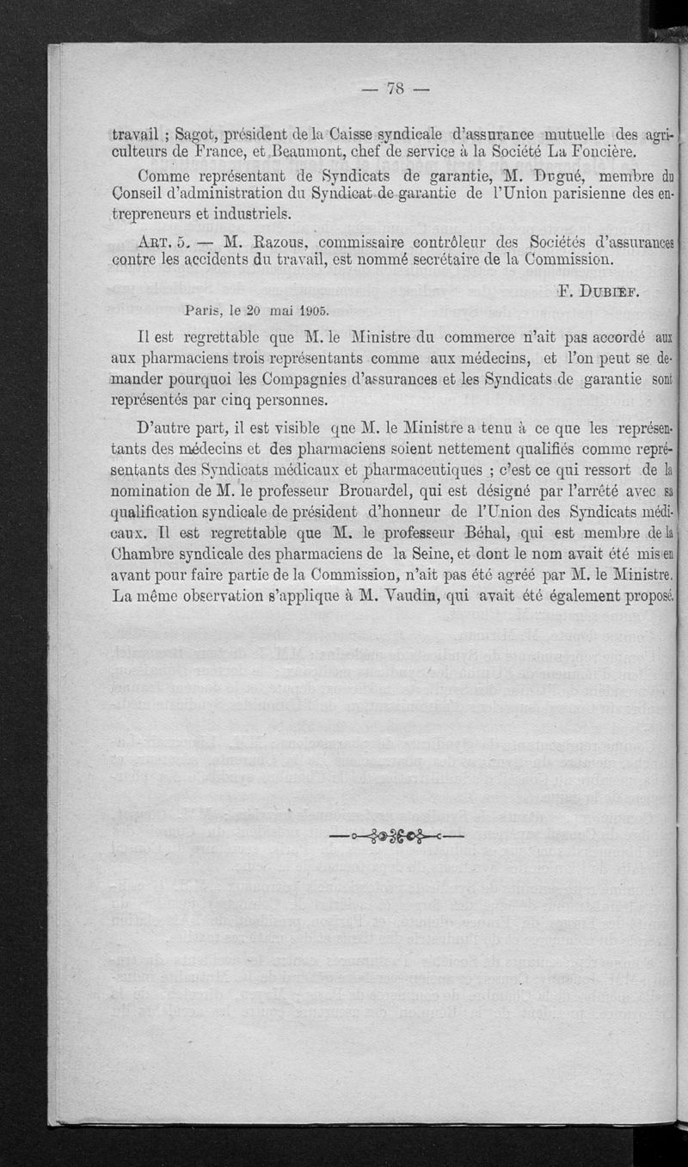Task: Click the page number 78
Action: click(x=395, y=88)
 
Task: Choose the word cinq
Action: click(x=225, y=400)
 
